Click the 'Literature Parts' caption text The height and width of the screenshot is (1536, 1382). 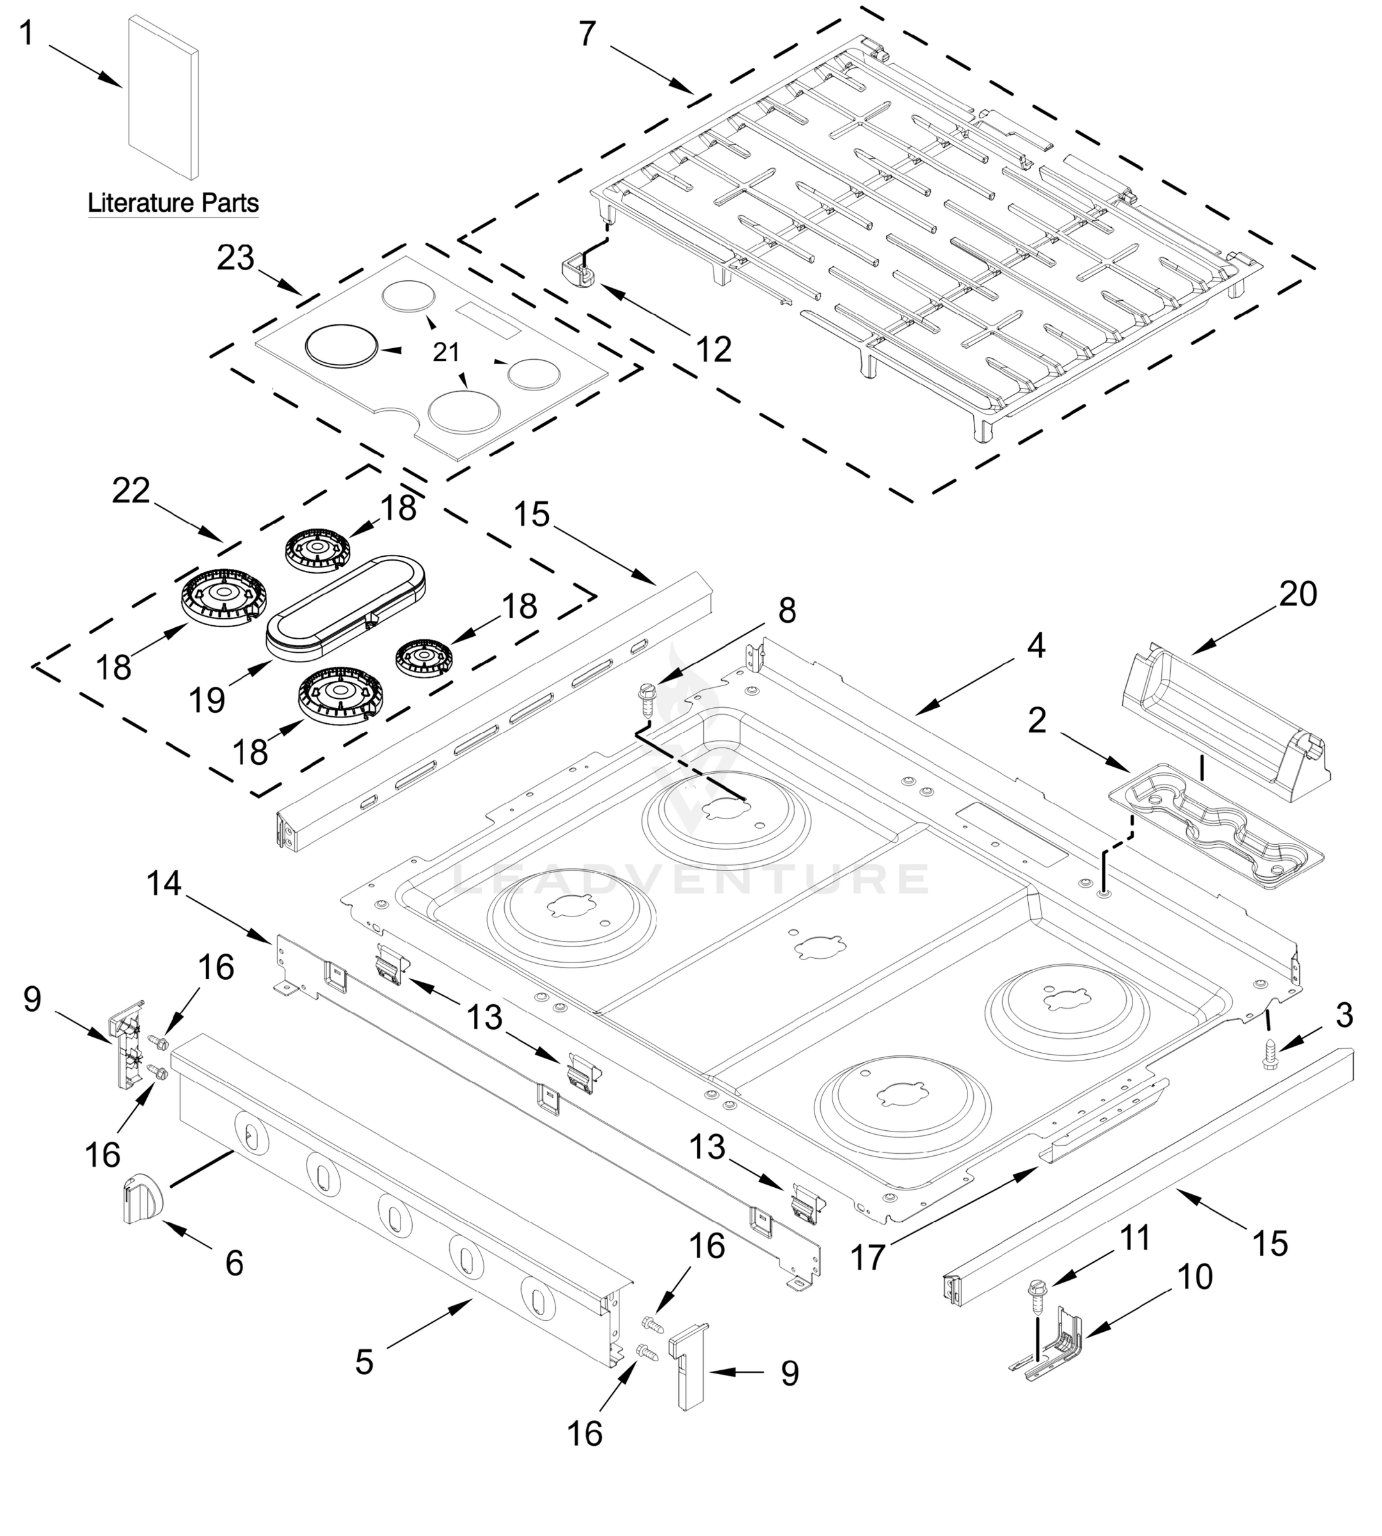click(x=173, y=203)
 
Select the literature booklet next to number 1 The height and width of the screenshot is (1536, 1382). click(x=163, y=97)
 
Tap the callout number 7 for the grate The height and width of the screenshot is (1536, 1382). click(x=587, y=34)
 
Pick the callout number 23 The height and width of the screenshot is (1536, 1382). click(x=235, y=259)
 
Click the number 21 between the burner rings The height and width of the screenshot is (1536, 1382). click(x=447, y=352)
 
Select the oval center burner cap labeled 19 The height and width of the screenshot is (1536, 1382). click(x=345, y=604)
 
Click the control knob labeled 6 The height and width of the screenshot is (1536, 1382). click(x=142, y=1199)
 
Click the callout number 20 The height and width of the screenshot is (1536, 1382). click(x=1298, y=593)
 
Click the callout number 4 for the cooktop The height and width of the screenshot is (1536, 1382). click(x=1036, y=646)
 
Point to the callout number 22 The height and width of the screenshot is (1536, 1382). click(x=131, y=491)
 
